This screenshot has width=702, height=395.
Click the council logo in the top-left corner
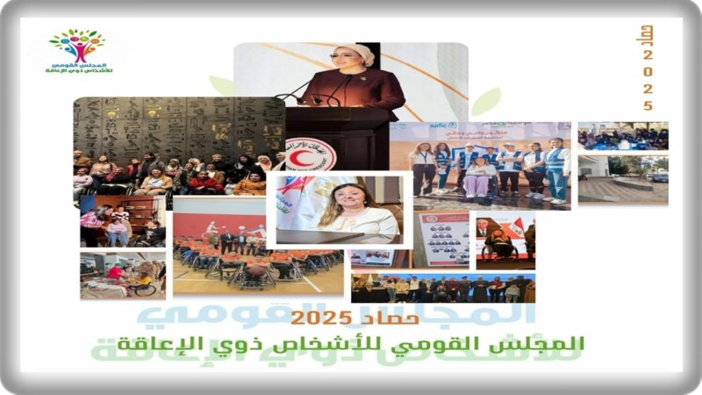pos(77,50)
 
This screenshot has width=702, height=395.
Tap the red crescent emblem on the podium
pos(310,154)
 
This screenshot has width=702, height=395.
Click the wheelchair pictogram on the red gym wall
pos(211,230)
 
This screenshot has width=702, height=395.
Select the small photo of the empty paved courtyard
pos(623,179)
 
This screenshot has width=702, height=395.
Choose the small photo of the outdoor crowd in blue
pos(623,136)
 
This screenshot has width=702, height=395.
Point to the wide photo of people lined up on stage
pos(442,288)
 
